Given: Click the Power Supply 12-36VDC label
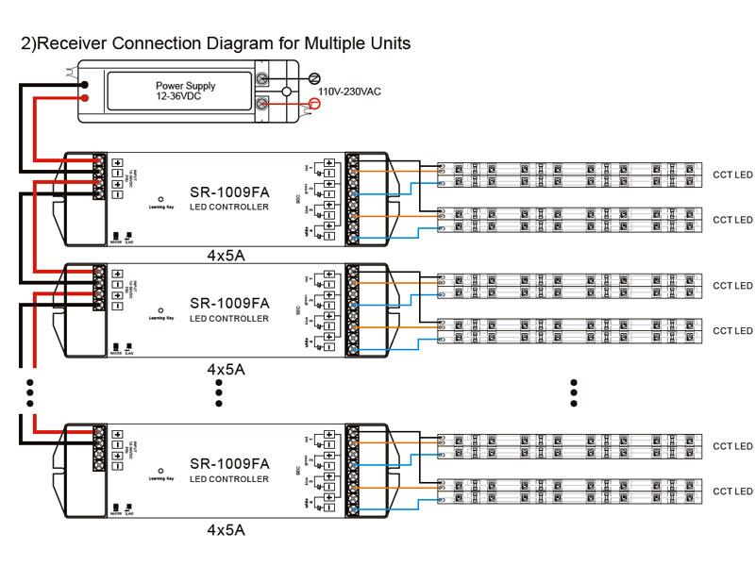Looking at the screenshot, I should click(185, 91).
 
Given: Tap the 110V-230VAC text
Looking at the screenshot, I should click(350, 92).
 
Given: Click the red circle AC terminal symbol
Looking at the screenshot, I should click(315, 104).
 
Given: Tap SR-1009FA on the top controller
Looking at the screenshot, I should click(229, 191).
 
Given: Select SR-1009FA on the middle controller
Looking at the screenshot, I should click(229, 304).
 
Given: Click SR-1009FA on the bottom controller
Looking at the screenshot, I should click(229, 464).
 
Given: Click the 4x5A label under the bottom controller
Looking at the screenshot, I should click(226, 530).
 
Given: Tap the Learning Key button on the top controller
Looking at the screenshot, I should click(160, 198).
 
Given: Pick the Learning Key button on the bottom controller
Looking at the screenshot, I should click(160, 471).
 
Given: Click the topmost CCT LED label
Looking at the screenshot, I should click(732, 175).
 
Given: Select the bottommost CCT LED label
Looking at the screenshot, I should click(732, 491).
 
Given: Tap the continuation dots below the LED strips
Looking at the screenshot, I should click(574, 392).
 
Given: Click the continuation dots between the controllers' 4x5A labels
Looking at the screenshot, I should click(219, 392).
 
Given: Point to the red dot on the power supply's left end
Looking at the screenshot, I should click(85, 96).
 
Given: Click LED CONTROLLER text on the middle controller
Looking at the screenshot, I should click(229, 319).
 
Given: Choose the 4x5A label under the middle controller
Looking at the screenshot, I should click(226, 369).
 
